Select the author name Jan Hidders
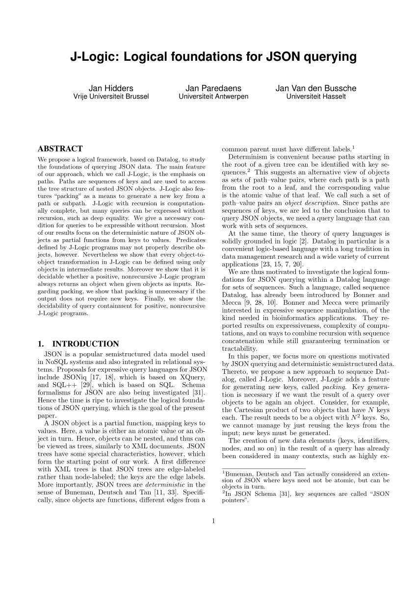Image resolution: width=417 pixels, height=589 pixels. tap(111, 88)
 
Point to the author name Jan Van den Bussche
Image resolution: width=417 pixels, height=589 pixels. tap(316, 88)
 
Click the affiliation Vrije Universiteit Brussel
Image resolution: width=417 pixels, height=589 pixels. tap(111, 97)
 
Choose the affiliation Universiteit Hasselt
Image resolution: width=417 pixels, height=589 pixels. tap(316, 97)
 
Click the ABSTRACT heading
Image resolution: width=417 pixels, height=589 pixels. tap(60, 149)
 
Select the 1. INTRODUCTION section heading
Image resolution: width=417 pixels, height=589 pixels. tap(78, 344)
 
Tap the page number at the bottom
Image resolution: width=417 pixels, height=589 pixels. tap(213, 521)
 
